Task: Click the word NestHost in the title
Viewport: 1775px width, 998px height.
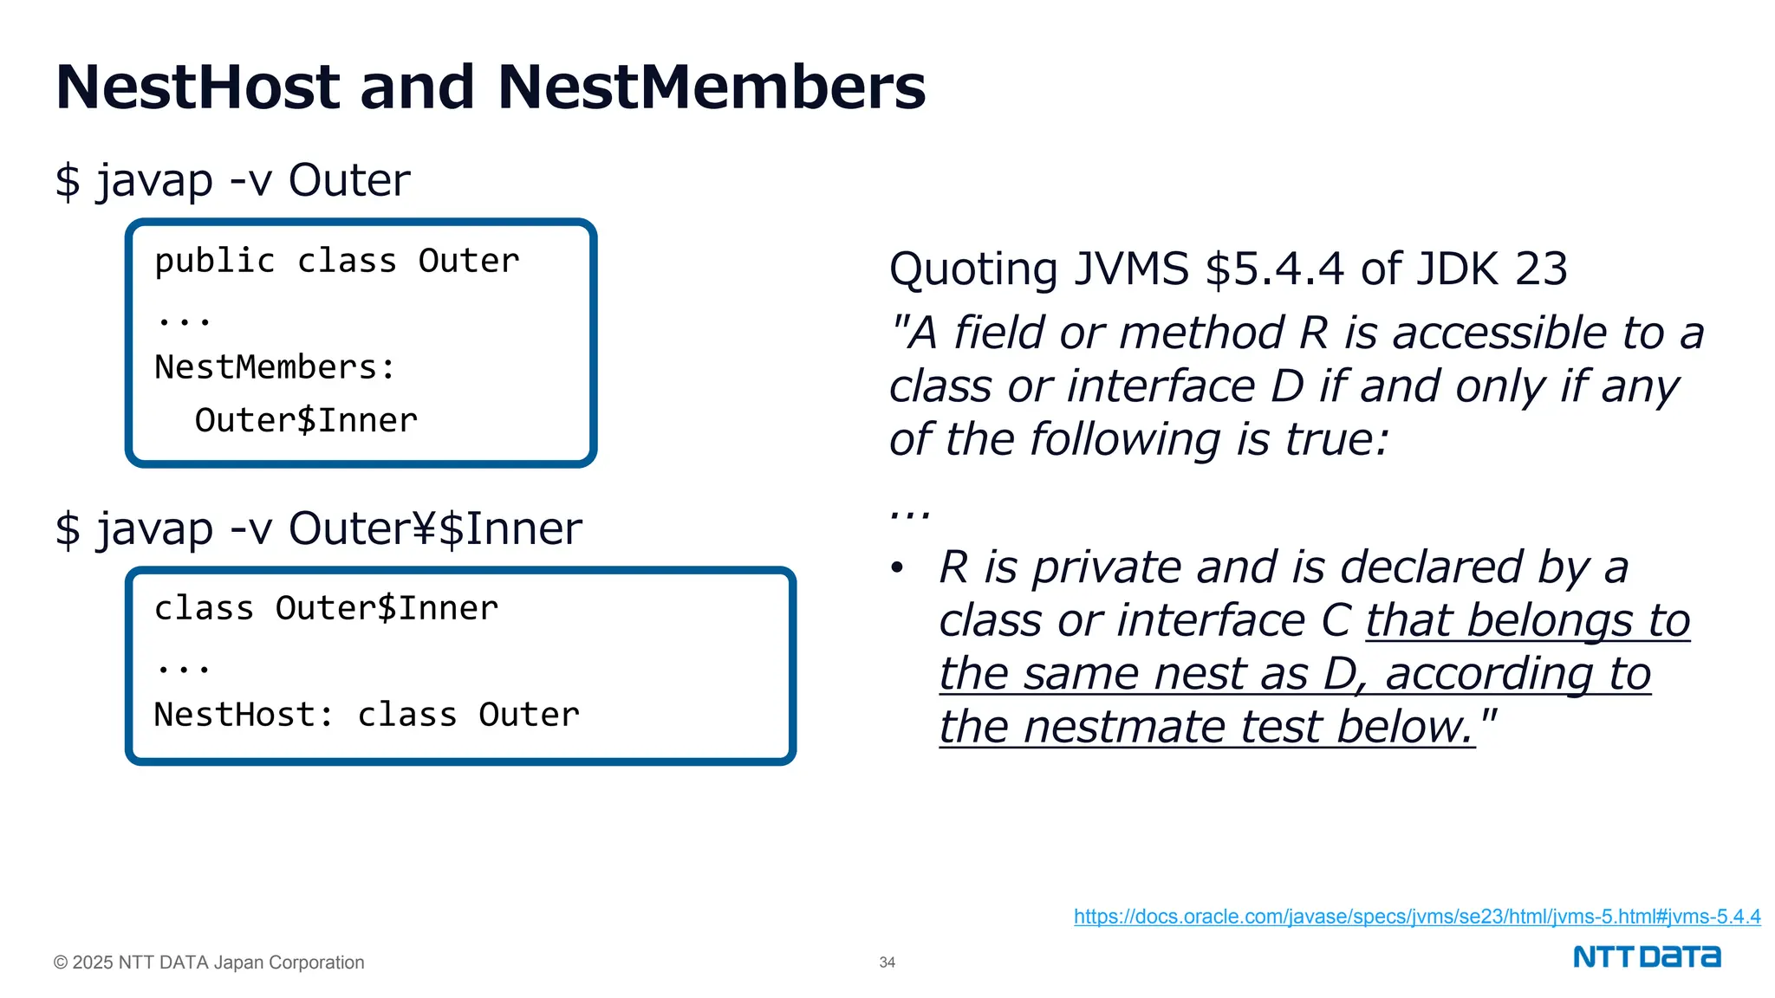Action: click(198, 87)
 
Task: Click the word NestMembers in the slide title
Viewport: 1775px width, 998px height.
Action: click(712, 87)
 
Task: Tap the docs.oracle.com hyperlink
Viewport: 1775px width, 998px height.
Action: click(1416, 917)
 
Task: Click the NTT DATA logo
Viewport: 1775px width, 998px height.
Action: click(1646, 957)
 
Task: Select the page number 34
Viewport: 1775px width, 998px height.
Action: click(887, 962)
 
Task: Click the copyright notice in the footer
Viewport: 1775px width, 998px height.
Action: click(209, 962)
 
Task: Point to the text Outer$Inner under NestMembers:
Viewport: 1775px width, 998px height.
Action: click(306, 421)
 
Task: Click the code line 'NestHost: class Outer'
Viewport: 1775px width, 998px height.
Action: click(367, 716)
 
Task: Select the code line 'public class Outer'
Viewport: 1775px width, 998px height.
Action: click(336, 262)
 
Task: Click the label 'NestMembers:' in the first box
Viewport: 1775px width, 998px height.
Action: click(275, 368)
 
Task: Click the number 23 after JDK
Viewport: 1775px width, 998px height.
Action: click(1541, 269)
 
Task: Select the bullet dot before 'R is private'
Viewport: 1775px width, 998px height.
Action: click(897, 569)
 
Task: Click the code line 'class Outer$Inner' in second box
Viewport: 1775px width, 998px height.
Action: click(326, 609)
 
